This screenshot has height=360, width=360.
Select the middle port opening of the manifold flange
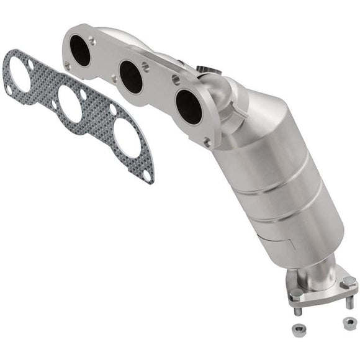point(132,76)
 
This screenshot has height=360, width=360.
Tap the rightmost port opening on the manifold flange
point(188,106)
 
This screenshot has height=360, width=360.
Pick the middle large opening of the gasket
point(70,103)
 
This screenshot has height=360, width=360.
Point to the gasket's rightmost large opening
point(126,137)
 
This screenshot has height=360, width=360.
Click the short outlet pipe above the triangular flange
point(320,268)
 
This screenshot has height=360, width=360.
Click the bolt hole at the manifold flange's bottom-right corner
point(207,142)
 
